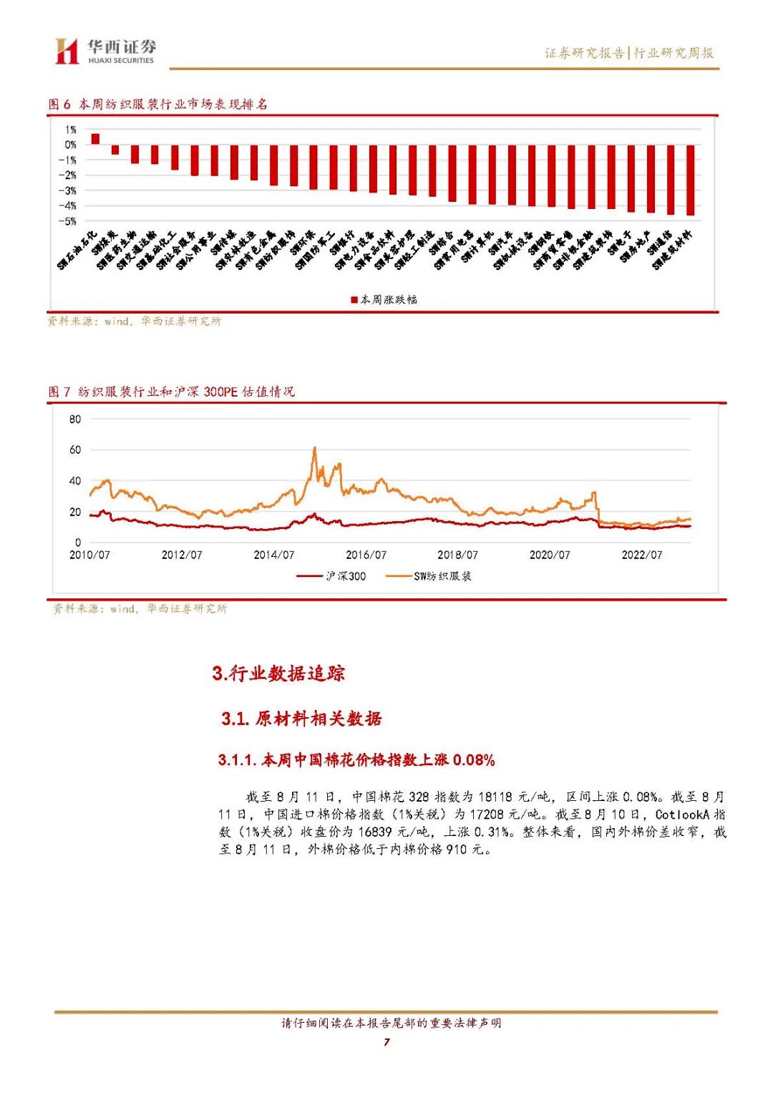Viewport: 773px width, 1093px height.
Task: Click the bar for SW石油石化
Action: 95,139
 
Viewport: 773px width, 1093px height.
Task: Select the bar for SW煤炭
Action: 115,150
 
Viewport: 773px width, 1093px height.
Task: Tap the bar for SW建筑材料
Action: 691,180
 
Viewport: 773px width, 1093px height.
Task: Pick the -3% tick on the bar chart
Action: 67,191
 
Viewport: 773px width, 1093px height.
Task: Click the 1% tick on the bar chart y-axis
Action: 70,130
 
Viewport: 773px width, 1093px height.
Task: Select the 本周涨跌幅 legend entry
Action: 384,300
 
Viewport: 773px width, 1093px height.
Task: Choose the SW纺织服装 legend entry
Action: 429,576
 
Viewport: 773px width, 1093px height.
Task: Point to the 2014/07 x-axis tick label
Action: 273,555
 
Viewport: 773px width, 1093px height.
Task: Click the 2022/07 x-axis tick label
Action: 641,555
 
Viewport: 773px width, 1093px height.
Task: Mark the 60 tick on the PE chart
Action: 75,450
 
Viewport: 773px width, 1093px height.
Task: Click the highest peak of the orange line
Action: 315,449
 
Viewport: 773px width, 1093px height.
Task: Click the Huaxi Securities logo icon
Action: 67,51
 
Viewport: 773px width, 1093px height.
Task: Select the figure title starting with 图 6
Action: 157,105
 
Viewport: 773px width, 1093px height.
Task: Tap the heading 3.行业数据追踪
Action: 278,673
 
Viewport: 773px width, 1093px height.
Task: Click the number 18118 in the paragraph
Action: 493,797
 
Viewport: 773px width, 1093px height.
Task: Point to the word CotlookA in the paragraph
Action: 682,815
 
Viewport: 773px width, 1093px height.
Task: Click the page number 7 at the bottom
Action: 386,1041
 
